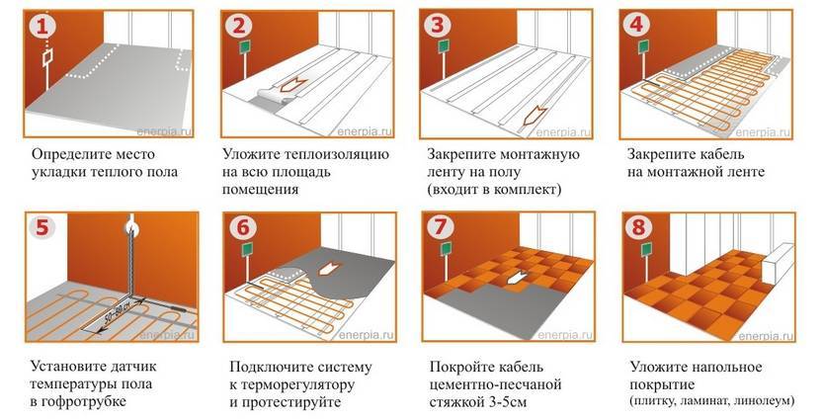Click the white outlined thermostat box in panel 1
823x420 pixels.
click(46, 59)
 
